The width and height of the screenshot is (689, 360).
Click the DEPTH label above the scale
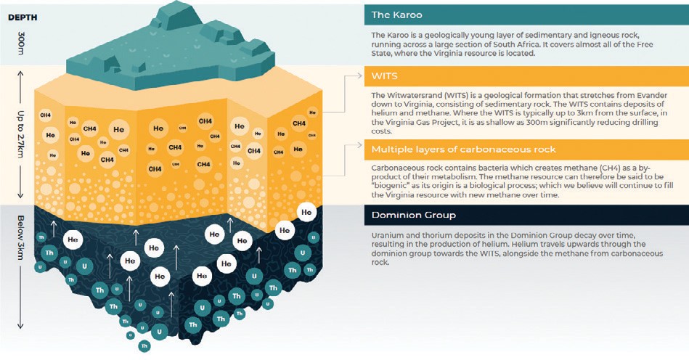tap(23, 17)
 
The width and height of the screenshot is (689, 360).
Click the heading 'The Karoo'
tap(396, 15)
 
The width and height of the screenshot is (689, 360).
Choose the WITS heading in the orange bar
tap(384, 76)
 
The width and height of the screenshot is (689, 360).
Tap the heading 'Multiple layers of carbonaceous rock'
tap(463, 150)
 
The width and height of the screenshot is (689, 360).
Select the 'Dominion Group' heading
tap(414, 215)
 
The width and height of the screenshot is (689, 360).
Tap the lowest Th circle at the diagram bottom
tap(144, 346)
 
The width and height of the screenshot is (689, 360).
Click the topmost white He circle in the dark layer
tap(306, 213)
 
